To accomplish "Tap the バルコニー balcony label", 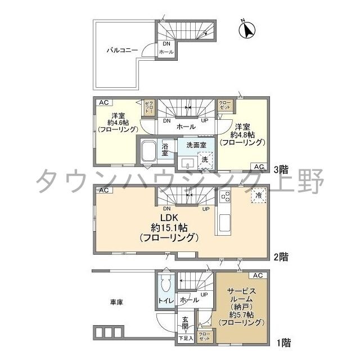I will (122, 51).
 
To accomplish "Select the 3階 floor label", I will (281, 168).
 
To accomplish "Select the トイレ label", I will (165, 301).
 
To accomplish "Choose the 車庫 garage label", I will (116, 302).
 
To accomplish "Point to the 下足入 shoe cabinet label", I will (185, 339).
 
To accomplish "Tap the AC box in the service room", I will (257, 275).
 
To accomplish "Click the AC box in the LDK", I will (103, 191).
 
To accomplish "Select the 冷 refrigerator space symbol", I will (256, 195).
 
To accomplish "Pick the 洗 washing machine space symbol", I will (205, 160).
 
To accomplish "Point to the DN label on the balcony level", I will (166, 44).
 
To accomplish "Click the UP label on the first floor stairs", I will (204, 295).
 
